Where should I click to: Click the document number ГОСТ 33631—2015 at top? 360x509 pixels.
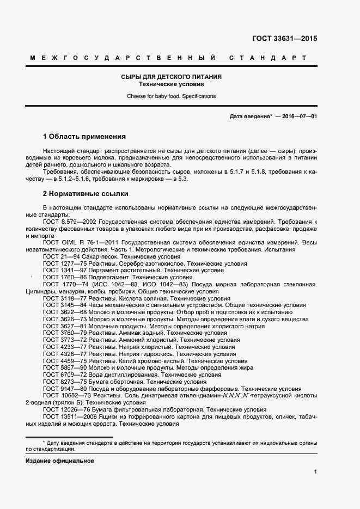tap(284, 39)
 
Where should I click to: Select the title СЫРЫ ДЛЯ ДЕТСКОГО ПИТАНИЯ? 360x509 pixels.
tap(171, 77)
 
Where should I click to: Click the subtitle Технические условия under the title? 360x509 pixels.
tap(171, 84)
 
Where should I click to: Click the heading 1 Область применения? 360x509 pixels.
tap(84, 137)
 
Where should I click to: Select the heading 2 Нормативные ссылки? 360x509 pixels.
tap(86, 193)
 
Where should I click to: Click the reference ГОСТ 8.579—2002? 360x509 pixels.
tap(70, 222)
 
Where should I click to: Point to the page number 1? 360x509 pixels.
tap(315, 472)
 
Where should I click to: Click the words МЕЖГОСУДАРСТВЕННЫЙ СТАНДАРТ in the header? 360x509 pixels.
tap(168, 58)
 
